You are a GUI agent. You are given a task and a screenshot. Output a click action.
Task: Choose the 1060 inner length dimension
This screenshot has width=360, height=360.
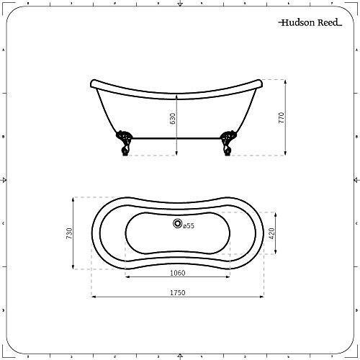178,272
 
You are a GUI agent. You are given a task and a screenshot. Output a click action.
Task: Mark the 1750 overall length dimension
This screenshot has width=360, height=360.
178,292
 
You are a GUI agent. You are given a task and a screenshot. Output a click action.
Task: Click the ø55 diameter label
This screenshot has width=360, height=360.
188,225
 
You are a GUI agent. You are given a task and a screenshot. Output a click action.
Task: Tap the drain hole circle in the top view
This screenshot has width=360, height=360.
177,225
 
